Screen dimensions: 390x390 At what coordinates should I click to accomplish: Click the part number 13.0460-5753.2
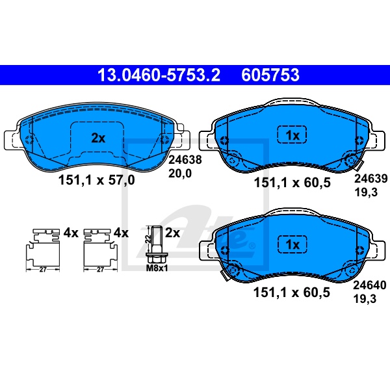[159, 75]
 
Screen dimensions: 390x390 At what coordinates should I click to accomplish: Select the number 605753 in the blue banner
[270, 75]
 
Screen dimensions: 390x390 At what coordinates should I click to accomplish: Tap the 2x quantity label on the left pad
[98, 138]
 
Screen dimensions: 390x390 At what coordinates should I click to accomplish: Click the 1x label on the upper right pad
[292, 136]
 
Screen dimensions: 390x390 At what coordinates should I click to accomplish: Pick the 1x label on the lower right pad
[292, 245]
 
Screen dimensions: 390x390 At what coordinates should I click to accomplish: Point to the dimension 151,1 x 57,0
[96, 180]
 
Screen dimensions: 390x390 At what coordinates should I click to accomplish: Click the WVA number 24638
[185, 160]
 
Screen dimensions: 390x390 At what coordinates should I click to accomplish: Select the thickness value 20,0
[180, 174]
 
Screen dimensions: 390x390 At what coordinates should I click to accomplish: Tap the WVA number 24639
[371, 178]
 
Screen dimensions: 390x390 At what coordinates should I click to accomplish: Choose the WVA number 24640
[370, 285]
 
